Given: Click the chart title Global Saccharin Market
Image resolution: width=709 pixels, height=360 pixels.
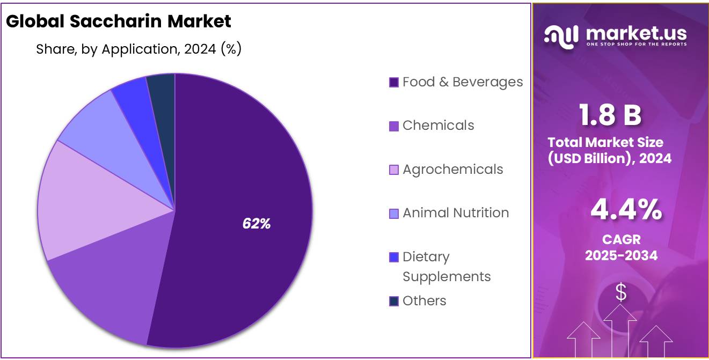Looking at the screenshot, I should (x=119, y=21).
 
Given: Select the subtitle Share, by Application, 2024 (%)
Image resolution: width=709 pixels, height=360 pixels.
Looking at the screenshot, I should (x=138, y=49).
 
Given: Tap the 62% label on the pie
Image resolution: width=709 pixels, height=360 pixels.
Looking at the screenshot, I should (x=256, y=224).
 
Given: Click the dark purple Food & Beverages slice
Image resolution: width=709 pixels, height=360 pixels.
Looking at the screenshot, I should (x=242, y=177).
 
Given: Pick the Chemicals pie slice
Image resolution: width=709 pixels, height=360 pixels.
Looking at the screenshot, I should (x=107, y=290).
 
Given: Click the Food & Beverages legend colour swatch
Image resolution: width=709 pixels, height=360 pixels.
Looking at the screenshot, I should (x=393, y=83).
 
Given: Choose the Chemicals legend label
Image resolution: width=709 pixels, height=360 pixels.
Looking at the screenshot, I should (x=438, y=126).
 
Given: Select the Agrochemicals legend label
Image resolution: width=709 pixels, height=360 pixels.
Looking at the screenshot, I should (x=453, y=170).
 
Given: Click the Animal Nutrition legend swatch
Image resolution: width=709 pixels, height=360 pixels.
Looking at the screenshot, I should (x=393, y=214).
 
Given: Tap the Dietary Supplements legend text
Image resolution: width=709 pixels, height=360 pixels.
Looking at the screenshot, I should (x=447, y=267).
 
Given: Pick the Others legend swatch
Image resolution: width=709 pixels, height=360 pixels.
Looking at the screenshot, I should (x=393, y=302).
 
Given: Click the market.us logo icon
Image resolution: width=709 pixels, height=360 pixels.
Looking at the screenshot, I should (x=561, y=35).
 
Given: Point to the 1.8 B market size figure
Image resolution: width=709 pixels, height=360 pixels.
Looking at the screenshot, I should (x=610, y=115).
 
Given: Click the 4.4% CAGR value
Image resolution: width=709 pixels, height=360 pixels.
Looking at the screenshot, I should (x=626, y=210).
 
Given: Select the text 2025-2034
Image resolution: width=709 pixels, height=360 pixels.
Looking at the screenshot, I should (x=621, y=255).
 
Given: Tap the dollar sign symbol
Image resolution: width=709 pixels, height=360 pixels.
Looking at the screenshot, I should (x=621, y=292).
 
